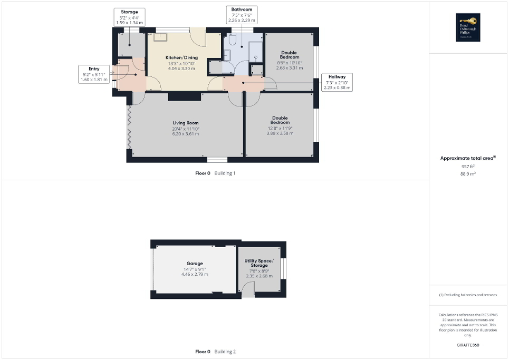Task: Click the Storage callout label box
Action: pyautogui.click(x=129, y=17)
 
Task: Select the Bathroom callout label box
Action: pyautogui.click(x=242, y=15)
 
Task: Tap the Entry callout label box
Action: pyautogui.click(x=94, y=74)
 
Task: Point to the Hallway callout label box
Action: pyautogui.click(x=337, y=82)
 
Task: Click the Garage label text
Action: pyautogui.click(x=194, y=264)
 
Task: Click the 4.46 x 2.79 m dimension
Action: pyautogui.click(x=195, y=275)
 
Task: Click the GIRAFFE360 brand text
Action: pyautogui.click(x=468, y=345)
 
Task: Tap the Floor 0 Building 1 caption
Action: pyautogui.click(x=215, y=173)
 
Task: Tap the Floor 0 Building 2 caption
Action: pyautogui.click(x=215, y=352)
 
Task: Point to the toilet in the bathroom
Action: pyautogui.click(x=233, y=40)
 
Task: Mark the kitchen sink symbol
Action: pyautogui.click(x=160, y=37)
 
